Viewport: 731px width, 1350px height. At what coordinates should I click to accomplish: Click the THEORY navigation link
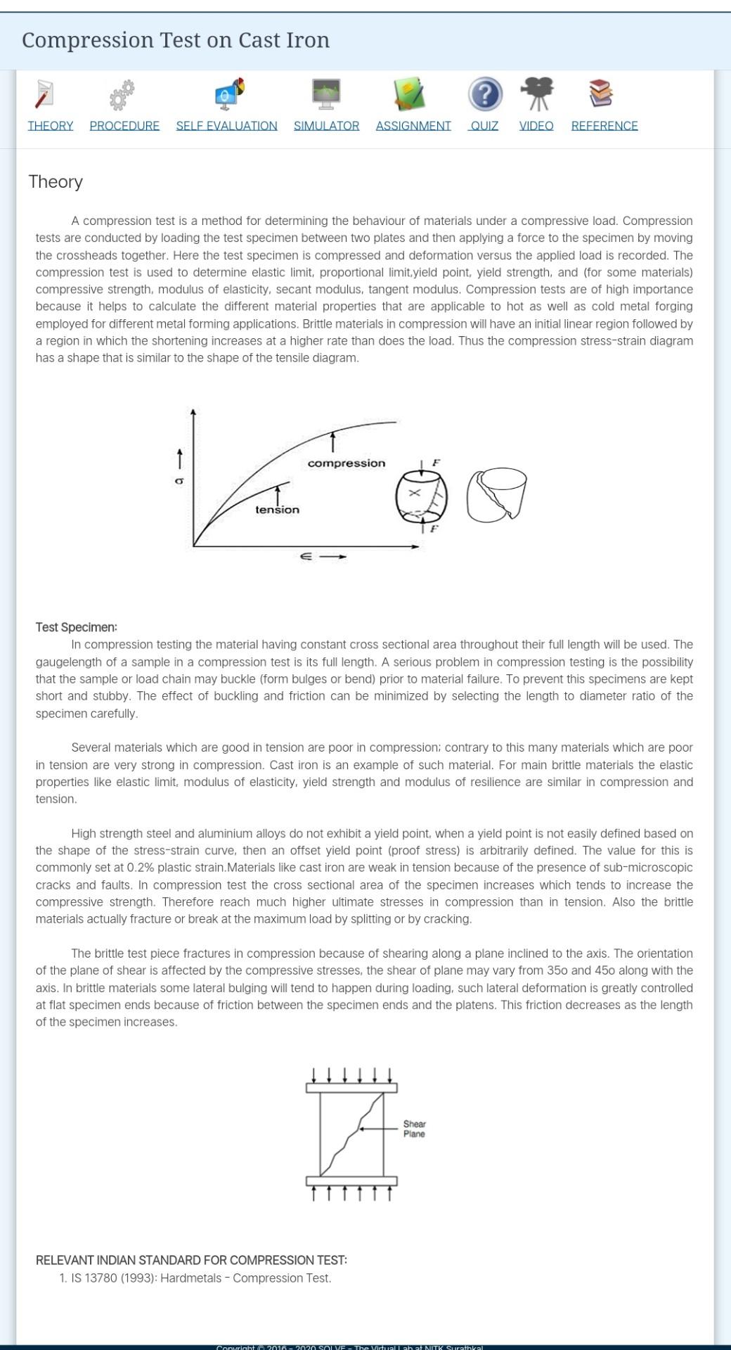point(51,126)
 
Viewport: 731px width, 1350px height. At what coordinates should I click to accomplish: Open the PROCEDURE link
point(124,126)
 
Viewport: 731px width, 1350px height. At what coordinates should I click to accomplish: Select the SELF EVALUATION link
point(226,126)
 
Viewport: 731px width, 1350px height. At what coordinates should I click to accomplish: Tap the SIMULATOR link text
point(326,126)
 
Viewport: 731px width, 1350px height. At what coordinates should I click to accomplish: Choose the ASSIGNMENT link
point(413,126)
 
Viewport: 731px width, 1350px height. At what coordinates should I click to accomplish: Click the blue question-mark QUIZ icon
point(485,94)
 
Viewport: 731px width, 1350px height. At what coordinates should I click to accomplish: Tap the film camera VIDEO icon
point(537,94)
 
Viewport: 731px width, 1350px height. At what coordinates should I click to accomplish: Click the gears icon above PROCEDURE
point(122,95)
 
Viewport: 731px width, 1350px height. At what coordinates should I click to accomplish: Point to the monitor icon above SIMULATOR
point(326,94)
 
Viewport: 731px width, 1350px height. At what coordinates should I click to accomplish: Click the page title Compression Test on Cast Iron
point(176,40)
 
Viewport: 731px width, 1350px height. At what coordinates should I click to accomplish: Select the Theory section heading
point(56,182)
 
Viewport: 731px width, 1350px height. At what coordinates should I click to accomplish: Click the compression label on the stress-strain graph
point(347,463)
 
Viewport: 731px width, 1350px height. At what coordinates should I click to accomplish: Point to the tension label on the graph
point(277,510)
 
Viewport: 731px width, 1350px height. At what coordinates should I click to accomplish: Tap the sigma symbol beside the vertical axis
point(179,481)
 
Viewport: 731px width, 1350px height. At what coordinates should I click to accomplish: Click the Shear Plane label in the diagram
point(414,1129)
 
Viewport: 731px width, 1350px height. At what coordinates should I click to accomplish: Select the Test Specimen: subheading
point(77,627)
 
